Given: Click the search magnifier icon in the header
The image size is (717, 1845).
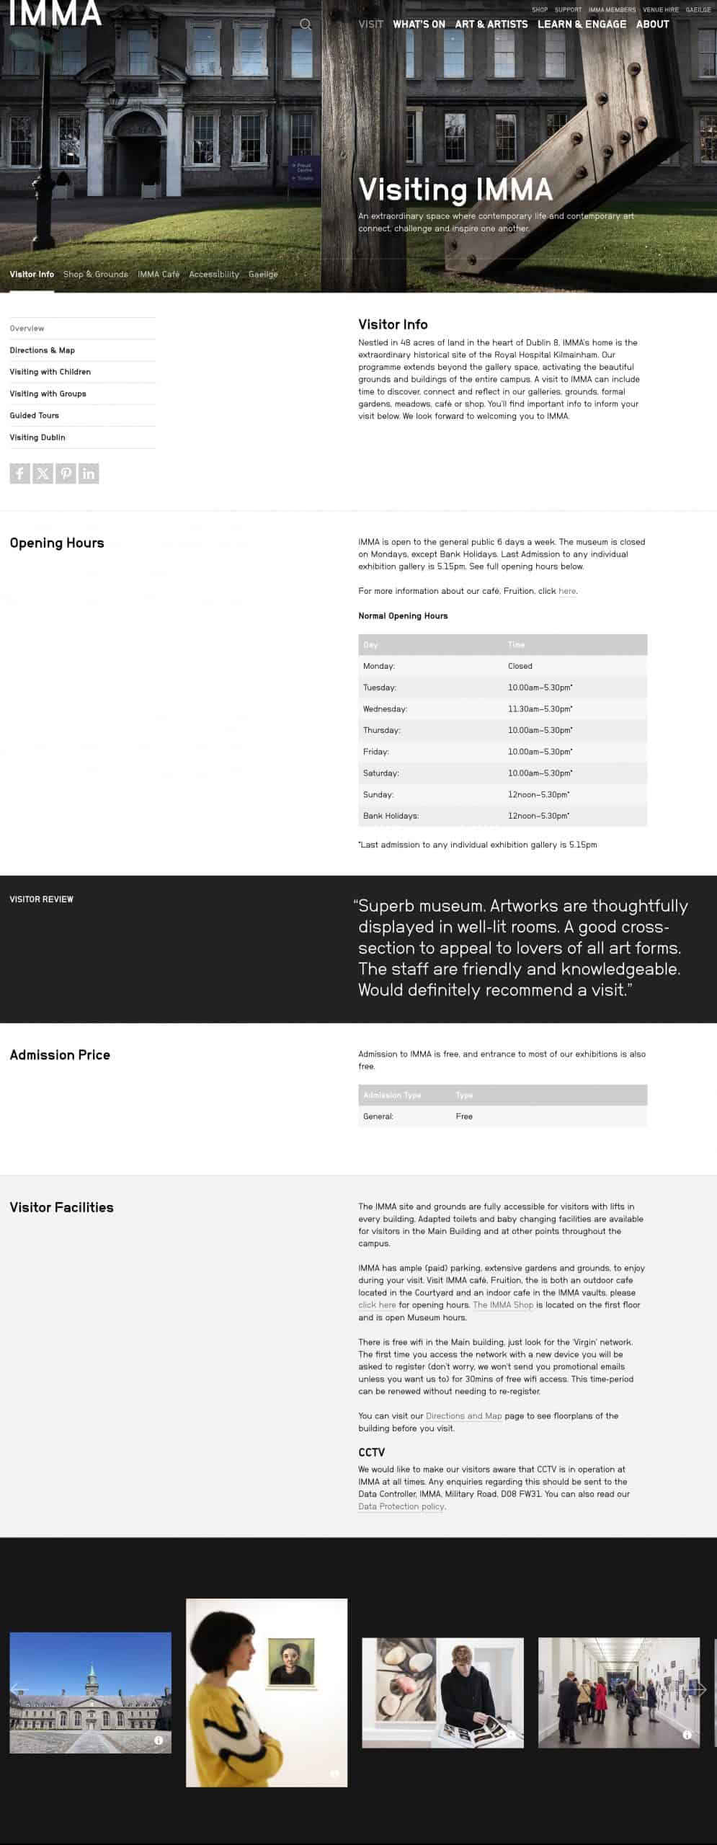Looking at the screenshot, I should (306, 25).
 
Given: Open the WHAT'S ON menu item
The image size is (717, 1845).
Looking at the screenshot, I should (419, 25).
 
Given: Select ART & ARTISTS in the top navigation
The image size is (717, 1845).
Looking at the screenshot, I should (491, 25).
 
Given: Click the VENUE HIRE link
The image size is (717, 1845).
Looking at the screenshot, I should (661, 10).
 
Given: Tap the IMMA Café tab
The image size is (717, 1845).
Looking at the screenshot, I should (159, 275).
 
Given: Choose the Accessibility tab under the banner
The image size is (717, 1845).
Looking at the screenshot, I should (214, 275).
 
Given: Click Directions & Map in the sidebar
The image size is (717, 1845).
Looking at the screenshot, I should (43, 350).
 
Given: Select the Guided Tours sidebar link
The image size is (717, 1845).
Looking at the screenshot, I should (35, 416).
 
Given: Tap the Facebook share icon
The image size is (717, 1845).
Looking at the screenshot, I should (19, 474).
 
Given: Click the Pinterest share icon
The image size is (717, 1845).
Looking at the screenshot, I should (66, 474).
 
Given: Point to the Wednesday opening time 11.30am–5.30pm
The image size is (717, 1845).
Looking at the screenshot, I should (540, 709).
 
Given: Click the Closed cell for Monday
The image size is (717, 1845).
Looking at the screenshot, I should (520, 667).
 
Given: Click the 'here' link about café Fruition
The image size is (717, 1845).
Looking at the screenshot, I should (567, 592).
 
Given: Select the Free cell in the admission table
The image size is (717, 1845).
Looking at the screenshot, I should (464, 1117).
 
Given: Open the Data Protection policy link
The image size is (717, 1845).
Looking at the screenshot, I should (401, 1507).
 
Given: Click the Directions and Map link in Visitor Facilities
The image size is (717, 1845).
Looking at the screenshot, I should (463, 1416).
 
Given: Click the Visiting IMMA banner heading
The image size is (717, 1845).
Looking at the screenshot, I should (455, 190).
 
